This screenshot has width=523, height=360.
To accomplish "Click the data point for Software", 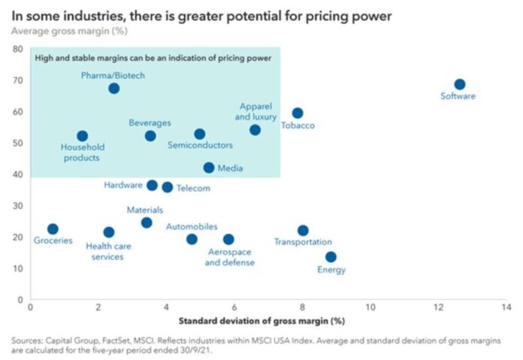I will (459, 85).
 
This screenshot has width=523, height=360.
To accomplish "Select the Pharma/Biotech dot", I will (113, 89).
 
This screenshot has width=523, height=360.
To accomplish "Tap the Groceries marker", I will (53, 229).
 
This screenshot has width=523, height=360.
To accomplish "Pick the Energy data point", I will (331, 257).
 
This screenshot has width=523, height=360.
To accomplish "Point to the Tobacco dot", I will (298, 113).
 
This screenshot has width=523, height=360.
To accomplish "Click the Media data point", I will (209, 168).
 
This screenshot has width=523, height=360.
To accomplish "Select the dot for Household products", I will (83, 137).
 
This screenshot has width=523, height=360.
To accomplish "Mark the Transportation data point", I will (303, 231).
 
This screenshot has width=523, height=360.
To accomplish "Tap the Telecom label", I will (194, 188).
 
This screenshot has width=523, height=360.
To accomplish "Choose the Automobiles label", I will (192, 226).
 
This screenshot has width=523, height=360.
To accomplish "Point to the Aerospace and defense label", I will (229, 257).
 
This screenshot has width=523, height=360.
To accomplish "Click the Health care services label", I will (104, 251).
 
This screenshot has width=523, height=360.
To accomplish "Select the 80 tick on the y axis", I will (17, 49).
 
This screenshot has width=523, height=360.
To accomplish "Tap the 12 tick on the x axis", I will (439, 307).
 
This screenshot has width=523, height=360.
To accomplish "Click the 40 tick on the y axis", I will (17, 174).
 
